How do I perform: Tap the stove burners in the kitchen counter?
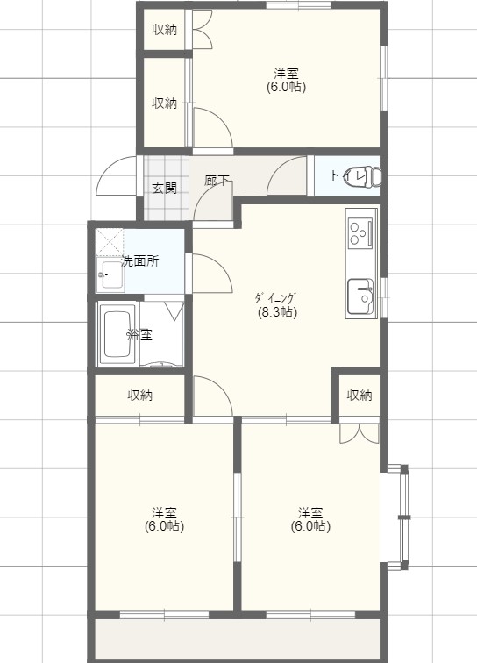pyautogui.click(x=360, y=233)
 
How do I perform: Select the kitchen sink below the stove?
pyautogui.click(x=360, y=295)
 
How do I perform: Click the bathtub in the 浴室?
pyautogui.click(x=118, y=333)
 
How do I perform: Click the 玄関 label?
pyautogui.click(x=164, y=187)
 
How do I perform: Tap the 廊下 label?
pyautogui.click(x=217, y=182)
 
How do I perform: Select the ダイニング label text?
pyautogui.click(x=276, y=297)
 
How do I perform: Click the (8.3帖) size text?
pyautogui.click(x=276, y=311)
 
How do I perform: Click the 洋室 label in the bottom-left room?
pyautogui.click(x=164, y=512)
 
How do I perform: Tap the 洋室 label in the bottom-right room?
pyautogui.click(x=310, y=512)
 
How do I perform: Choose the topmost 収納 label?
pyautogui.click(x=165, y=29)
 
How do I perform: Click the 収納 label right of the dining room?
pyautogui.click(x=359, y=396)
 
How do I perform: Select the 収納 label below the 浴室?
pyautogui.click(x=140, y=396)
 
